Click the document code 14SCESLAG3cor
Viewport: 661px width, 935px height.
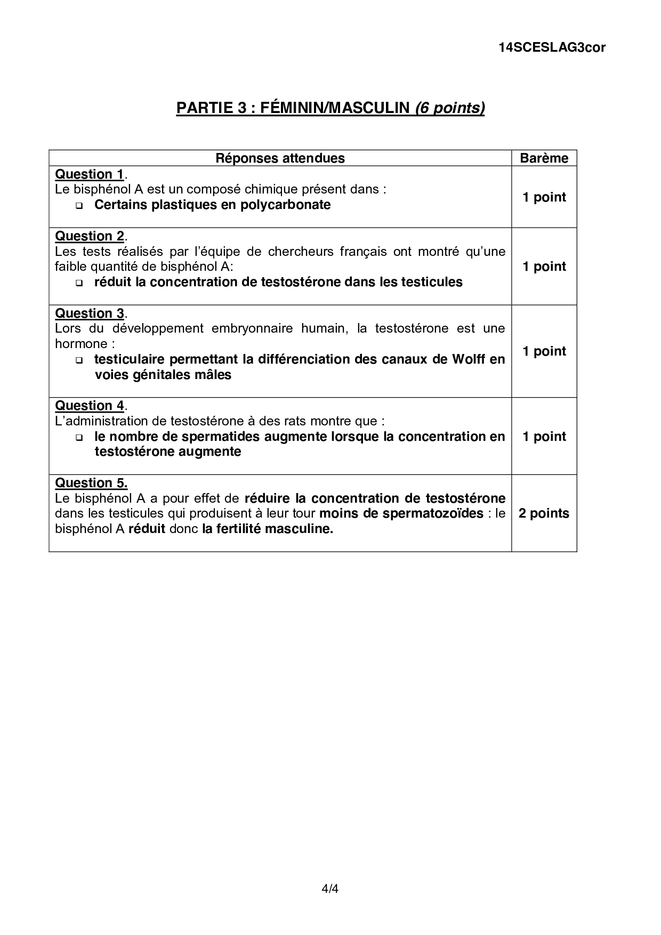(x=552, y=47)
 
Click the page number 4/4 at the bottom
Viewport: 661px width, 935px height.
(x=330, y=889)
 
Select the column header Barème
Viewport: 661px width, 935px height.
(x=544, y=158)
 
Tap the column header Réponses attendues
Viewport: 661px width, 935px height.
(x=280, y=158)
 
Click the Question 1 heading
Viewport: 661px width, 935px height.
(x=90, y=174)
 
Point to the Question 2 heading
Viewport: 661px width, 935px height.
(x=90, y=236)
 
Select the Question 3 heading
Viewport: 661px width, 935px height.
(x=90, y=313)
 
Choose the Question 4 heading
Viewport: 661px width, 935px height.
(x=90, y=406)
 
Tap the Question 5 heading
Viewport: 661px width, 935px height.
(x=91, y=483)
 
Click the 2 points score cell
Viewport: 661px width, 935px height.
(x=544, y=513)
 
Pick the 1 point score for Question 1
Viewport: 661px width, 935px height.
(x=544, y=197)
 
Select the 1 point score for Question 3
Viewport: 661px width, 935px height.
(x=544, y=351)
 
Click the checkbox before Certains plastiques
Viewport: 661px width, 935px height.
(x=79, y=206)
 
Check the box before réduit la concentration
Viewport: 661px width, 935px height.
(x=79, y=283)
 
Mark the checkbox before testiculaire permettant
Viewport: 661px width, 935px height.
(x=79, y=360)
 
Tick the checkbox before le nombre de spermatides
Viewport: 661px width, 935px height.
(x=79, y=438)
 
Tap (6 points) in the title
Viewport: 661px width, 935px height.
(x=449, y=108)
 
